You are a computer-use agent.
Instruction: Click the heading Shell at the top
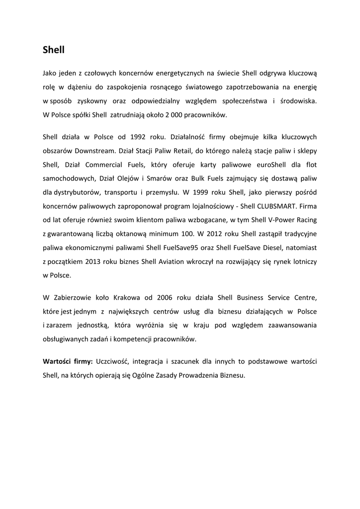[54, 50]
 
